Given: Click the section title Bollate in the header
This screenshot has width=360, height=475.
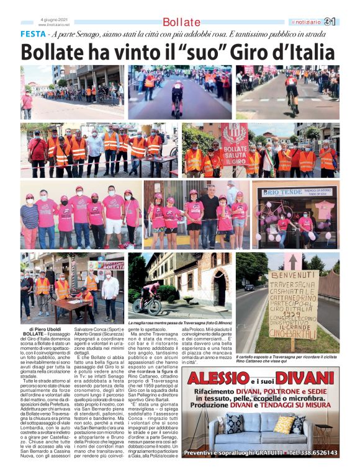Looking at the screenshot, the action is pyautogui.click(x=181, y=22).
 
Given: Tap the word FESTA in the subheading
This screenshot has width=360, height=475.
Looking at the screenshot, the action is pyautogui.click(x=32, y=34).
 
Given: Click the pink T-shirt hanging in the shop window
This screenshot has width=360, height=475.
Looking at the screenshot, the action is pyautogui.click(x=323, y=210).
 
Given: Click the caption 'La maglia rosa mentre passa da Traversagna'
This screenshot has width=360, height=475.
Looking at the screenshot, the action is pyautogui.click(x=180, y=324).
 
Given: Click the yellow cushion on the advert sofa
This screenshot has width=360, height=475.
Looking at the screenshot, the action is pyautogui.click(x=284, y=424).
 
